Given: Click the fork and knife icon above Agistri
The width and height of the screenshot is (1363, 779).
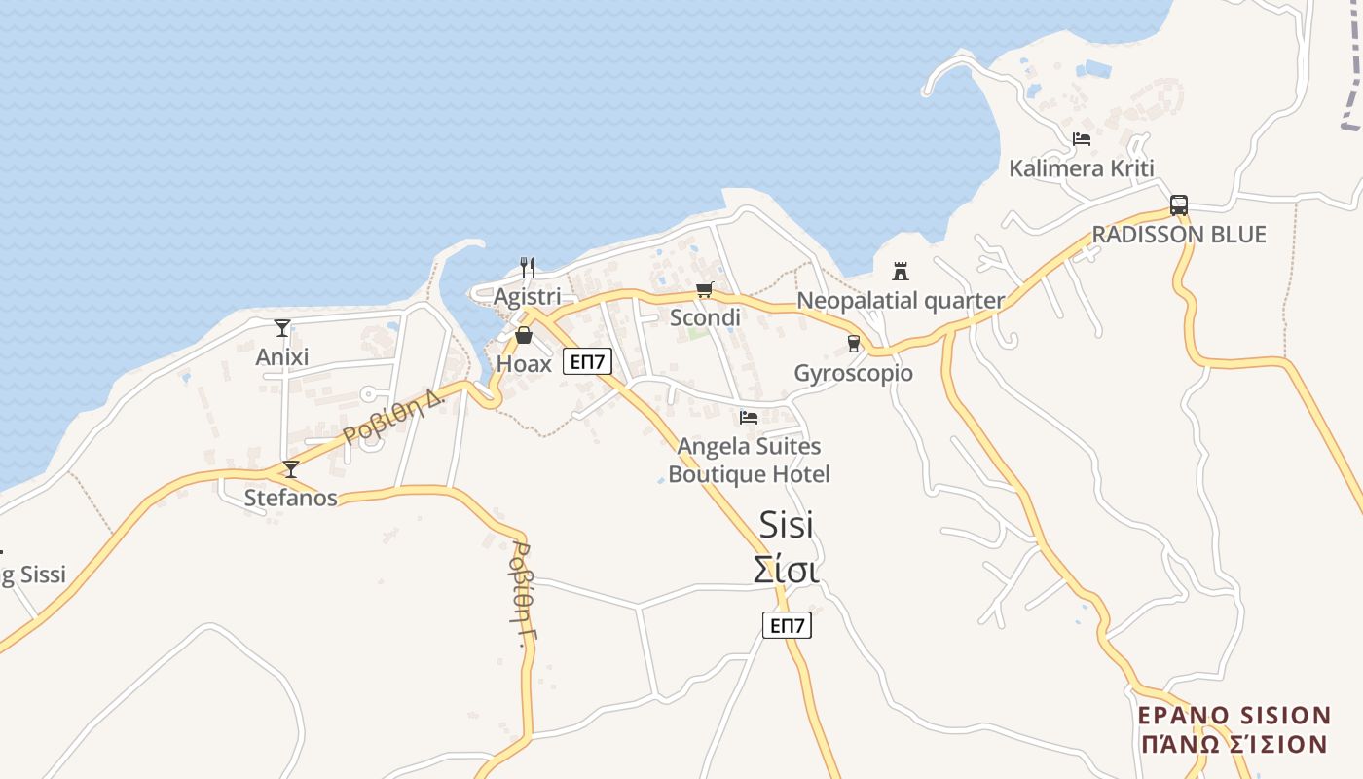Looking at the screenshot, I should point(528,268).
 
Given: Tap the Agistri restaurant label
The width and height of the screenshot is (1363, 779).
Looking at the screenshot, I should point(527,296).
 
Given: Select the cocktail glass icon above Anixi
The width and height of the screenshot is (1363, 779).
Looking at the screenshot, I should point(282,328).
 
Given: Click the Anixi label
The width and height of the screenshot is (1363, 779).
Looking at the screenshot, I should point(282,357).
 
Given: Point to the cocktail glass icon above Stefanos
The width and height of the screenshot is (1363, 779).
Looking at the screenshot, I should point(290,469).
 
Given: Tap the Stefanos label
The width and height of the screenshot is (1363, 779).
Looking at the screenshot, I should point(290,499).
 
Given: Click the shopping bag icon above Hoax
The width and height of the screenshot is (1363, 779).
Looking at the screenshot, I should point(524,336).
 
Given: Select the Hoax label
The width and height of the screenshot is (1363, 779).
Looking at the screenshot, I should point(524,364).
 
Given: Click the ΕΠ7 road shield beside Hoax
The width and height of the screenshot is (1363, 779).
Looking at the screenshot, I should point(587,362).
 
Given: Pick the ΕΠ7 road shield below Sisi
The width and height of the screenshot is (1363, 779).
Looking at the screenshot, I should point(787,625).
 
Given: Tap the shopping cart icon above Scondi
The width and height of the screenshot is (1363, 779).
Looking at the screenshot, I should point(705,289).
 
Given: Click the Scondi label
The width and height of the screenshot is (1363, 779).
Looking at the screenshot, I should point(705,317).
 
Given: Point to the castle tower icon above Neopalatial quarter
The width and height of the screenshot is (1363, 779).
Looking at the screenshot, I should point(901,271).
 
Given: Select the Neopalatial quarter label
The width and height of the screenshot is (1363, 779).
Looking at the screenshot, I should point(901,301).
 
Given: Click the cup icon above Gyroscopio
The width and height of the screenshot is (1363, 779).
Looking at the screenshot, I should point(854,344).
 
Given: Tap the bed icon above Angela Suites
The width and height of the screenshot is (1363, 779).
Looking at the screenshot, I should point(749,418).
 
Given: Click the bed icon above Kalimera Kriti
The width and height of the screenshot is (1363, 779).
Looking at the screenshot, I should point(1082,139).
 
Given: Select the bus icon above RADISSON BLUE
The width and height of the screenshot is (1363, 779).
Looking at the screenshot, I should point(1179,205).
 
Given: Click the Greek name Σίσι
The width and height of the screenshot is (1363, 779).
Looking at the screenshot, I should point(786,570).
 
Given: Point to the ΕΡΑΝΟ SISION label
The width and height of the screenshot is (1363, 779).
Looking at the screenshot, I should point(1234,716).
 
